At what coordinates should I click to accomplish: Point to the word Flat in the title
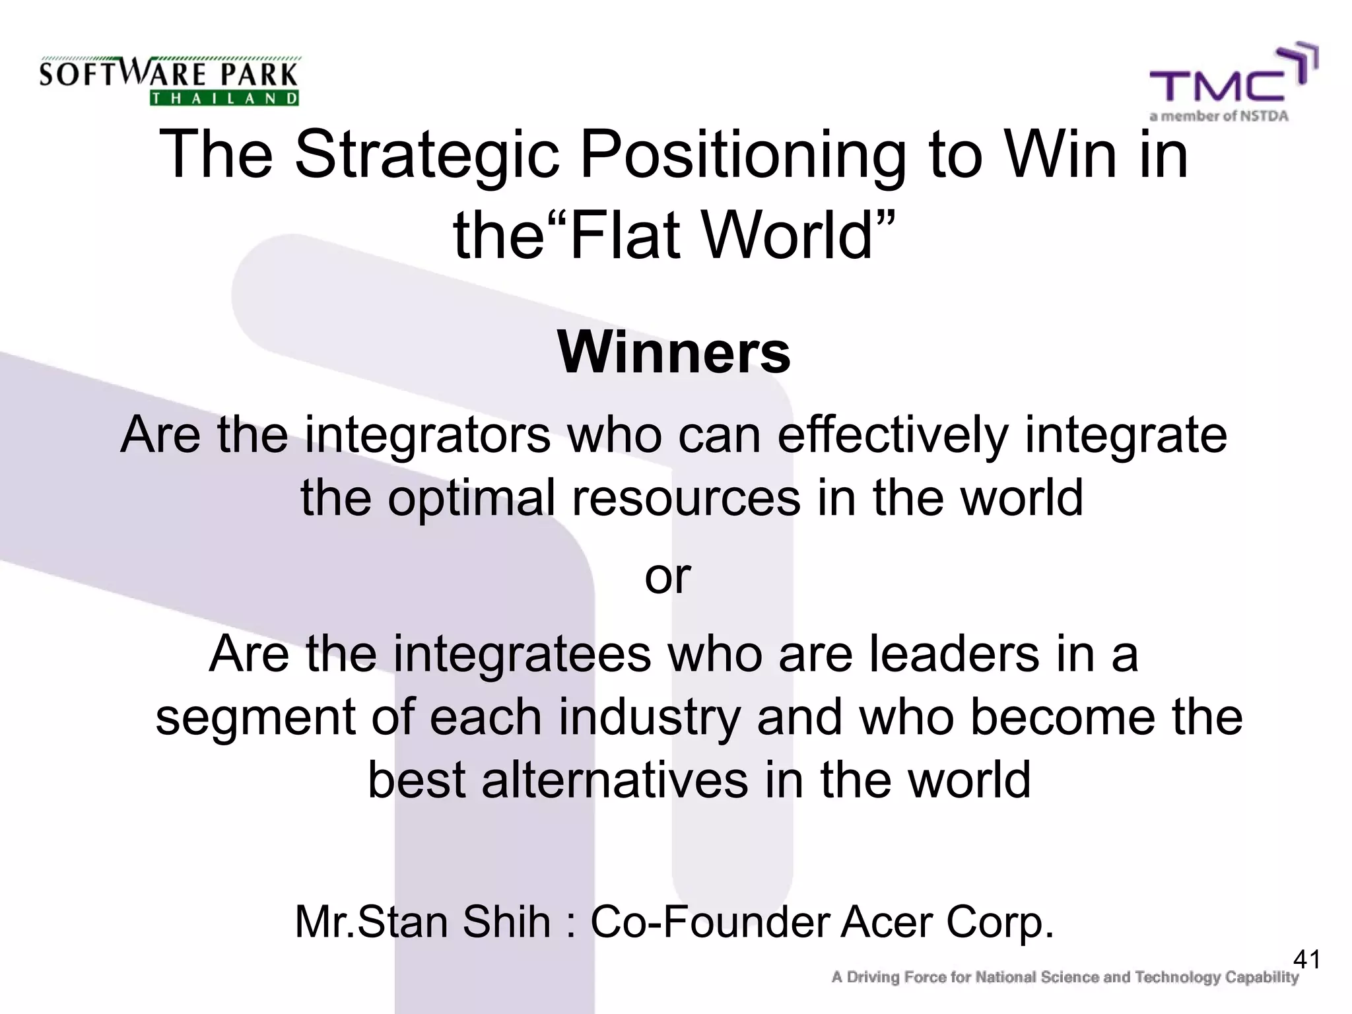pyautogui.click(x=624, y=236)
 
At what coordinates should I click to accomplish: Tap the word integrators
pyautogui.click(x=428, y=436)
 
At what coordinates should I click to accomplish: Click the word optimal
pyautogui.click(x=471, y=498)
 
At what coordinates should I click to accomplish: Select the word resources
pyautogui.click(x=686, y=498)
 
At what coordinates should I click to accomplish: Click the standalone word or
pyautogui.click(x=667, y=576)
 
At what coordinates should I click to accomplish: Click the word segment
pyautogui.click(x=255, y=718)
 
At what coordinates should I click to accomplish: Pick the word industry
pyautogui.click(x=650, y=718)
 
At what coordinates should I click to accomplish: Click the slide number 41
pyautogui.click(x=1306, y=959)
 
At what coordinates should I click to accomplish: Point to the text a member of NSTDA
pyautogui.click(x=1219, y=117)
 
